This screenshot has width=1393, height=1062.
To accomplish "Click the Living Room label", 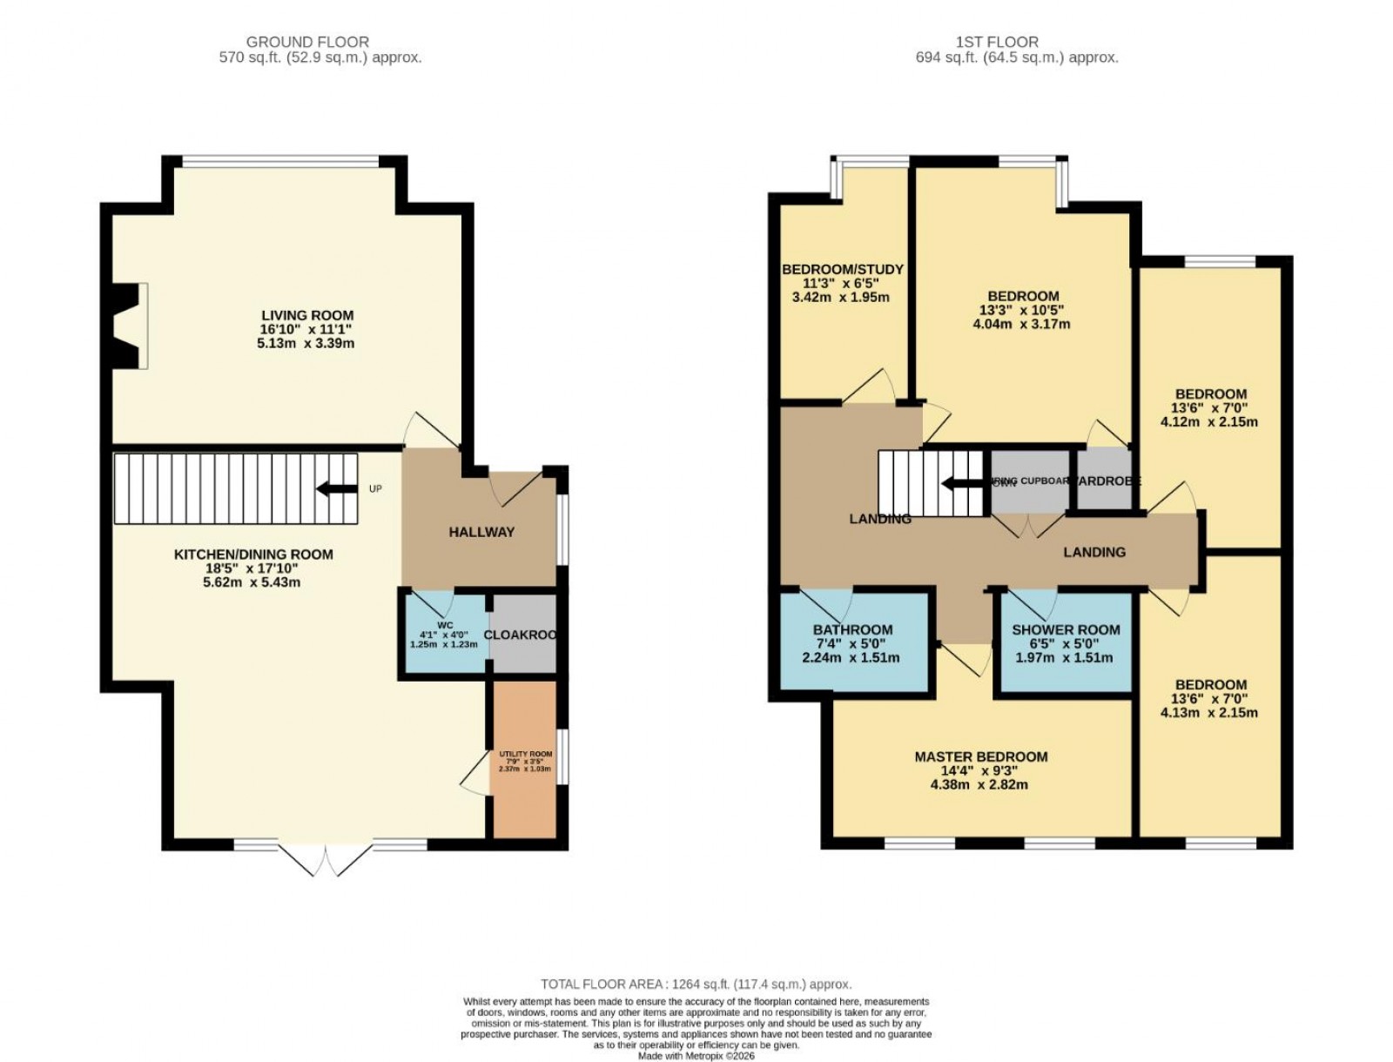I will (307, 315).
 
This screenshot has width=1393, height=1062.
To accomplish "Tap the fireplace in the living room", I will (129, 326).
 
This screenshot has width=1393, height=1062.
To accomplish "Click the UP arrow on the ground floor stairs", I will (337, 489).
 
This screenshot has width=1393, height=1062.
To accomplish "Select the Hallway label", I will (481, 532).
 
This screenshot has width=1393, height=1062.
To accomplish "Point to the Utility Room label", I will (525, 754).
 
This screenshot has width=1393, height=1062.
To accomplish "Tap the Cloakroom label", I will (521, 635).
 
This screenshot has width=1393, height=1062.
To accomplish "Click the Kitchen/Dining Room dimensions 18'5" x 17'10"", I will (252, 568).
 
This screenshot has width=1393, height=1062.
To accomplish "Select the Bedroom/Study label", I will (842, 269).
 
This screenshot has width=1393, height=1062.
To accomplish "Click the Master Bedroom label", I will (980, 756).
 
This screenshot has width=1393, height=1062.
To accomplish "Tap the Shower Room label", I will (1066, 629).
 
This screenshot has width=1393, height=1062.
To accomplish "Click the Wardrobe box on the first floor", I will (1105, 481).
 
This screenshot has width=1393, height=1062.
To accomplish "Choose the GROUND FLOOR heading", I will (307, 42).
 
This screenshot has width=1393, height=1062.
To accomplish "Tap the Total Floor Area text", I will (696, 985).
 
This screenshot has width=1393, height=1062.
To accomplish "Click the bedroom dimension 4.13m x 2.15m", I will (1209, 713).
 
